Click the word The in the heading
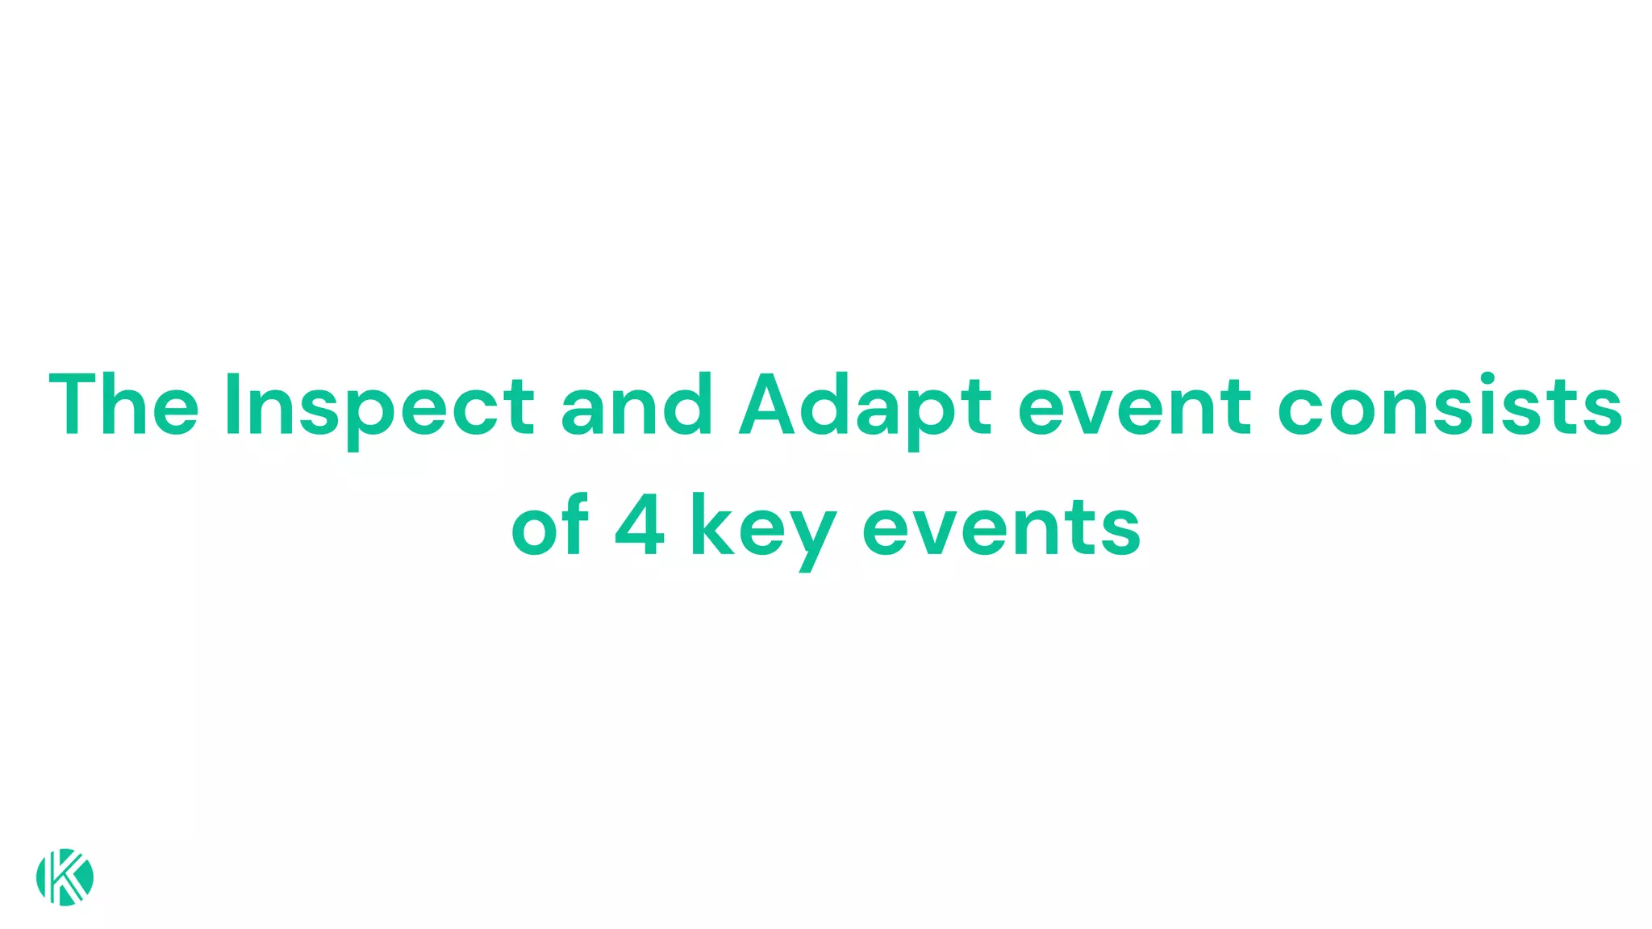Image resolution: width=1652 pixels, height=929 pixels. (123, 405)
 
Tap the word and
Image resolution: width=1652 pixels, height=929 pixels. (636, 405)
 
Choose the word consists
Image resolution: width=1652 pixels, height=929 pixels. (1450, 405)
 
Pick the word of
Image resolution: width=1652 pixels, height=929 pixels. (550, 526)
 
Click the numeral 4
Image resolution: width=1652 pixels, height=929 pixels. (640, 526)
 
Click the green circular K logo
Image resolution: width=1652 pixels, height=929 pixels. (65, 877)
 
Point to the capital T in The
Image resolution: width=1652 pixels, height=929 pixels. (77, 405)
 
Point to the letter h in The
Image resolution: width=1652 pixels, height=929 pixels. (130, 405)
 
